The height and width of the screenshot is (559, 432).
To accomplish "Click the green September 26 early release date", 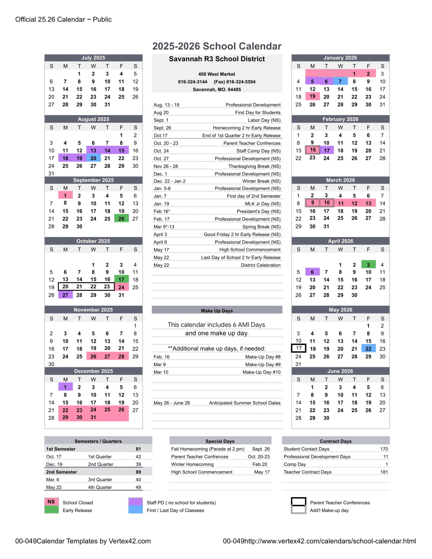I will pos(121,219).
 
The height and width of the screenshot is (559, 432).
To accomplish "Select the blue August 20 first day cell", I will pos(93,158).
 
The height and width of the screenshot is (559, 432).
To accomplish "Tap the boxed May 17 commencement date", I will pos(299,348).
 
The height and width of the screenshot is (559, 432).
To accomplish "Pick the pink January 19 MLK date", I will pos(312,96).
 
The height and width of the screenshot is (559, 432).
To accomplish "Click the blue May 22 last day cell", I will pos(368,349).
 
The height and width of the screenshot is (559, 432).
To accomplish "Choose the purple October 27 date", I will pos(65,295).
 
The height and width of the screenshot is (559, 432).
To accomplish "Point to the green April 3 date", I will pos(368,264).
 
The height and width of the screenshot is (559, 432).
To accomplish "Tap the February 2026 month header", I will pos(340,119).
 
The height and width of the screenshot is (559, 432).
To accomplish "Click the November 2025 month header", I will pos(93,310).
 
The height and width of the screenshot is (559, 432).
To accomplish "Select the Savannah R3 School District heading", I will pos(217,59).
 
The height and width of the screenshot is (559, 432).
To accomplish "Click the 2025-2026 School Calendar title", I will pos(217,46).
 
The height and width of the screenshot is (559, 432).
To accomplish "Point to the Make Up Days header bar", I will pos(217,310).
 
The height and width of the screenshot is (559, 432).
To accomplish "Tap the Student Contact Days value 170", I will pos(384,449).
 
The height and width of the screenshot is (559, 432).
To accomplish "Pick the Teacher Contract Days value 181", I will pos(384,472).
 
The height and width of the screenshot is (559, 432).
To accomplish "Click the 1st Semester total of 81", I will pos(138,449).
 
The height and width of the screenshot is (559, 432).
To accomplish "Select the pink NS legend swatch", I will pos(51,502).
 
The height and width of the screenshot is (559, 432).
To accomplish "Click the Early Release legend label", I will pos(77,510).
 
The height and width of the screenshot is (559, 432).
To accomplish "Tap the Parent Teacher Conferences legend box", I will pos(298,502).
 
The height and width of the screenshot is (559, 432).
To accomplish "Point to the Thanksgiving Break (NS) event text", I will pos(254,166).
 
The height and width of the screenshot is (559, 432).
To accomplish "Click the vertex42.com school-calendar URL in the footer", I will pos(319,541).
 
